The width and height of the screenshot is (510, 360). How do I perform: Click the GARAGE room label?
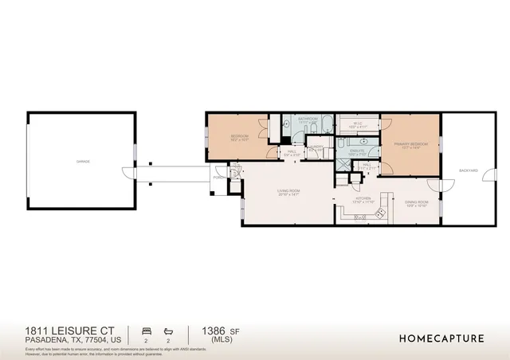(x=83, y=162)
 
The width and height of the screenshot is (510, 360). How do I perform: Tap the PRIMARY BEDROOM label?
(x=406, y=144)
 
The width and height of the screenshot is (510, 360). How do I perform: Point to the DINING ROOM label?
(x=416, y=203)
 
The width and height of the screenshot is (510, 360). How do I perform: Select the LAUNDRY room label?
(x=316, y=147)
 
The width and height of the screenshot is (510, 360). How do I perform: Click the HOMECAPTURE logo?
(x=441, y=338)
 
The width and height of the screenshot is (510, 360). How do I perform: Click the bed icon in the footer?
(x=145, y=330)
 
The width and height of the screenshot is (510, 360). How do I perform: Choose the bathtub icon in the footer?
(x=168, y=330)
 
